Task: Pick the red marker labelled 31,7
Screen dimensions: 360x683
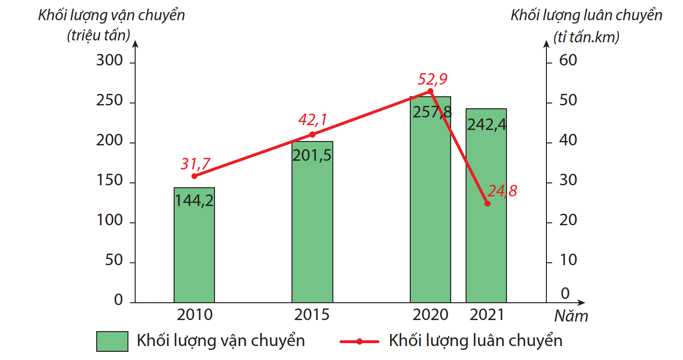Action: coord(194,176)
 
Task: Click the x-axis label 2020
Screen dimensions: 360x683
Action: coord(430,315)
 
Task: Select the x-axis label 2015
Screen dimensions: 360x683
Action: coord(312,315)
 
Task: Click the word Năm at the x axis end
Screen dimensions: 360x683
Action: coord(571,316)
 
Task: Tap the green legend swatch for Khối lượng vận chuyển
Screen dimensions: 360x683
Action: coord(112,341)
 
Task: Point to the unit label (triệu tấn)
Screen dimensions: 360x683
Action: coord(99,36)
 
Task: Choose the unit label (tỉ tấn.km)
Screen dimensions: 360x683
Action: coord(586,37)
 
